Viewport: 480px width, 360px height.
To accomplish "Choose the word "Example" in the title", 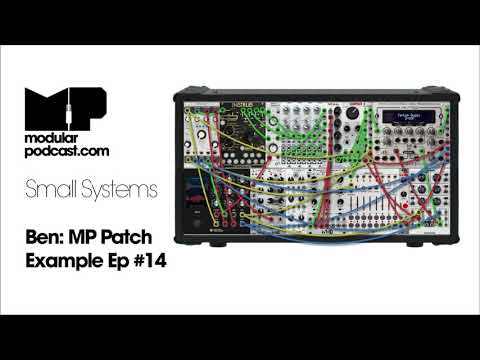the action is pyautogui.click(x=62, y=262).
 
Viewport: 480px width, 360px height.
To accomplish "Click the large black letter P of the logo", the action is pyautogui.click(x=90, y=106).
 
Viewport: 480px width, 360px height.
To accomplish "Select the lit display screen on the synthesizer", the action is pyautogui.click(x=407, y=118).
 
